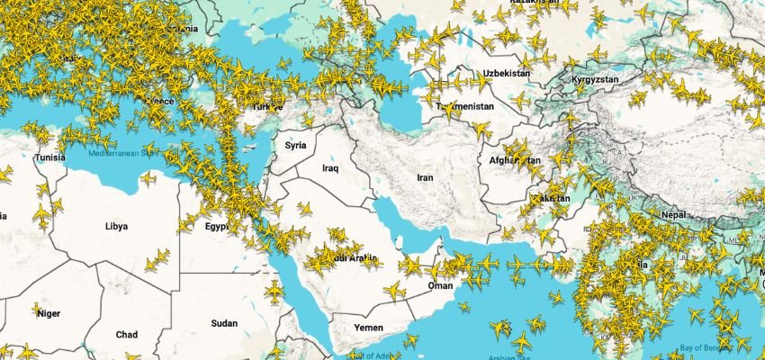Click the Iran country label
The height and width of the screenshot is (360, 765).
coord(425,177)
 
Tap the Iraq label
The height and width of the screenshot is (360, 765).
coord(330,168)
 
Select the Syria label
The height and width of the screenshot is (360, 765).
coord(295,145)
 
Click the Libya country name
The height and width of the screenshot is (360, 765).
coord(118,226)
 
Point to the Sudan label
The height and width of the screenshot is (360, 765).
coord(224,323)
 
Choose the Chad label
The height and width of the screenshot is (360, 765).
coord(127,335)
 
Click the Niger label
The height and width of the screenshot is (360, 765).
coord(49,313)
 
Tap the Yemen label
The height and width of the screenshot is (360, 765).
coord(369,327)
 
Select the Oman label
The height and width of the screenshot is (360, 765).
coord(440,285)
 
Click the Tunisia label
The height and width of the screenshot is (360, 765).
coord(50,158)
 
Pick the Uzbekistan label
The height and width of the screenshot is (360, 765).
coord(507,73)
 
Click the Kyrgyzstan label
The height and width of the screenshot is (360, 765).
coord(595,80)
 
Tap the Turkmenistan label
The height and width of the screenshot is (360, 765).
coord(465,106)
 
